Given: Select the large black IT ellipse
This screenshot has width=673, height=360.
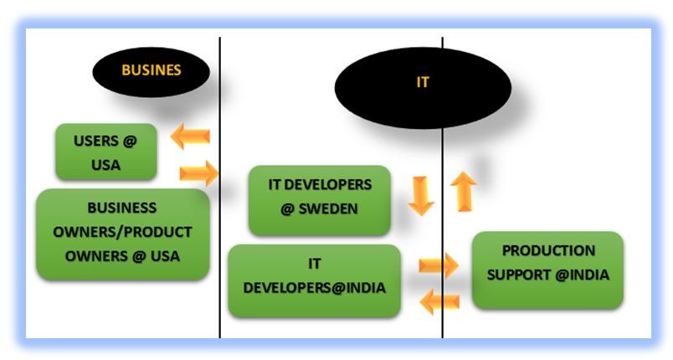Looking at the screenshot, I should pos(423,84).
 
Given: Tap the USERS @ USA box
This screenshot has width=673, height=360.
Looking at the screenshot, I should pos(106,152).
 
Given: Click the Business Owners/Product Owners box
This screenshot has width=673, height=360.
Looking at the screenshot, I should pos(122,232).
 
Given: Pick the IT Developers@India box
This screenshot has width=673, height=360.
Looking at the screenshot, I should pos(314,276).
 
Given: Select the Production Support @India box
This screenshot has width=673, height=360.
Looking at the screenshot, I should pos(548,263).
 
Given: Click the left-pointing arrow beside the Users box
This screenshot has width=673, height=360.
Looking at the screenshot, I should pos(190,136).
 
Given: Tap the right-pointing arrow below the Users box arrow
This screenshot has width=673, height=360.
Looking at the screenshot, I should pos(198,174).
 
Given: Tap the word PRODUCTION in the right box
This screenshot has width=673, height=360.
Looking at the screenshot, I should pos(548,250).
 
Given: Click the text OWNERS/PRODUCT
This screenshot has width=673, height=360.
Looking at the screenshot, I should pos(122,232).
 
